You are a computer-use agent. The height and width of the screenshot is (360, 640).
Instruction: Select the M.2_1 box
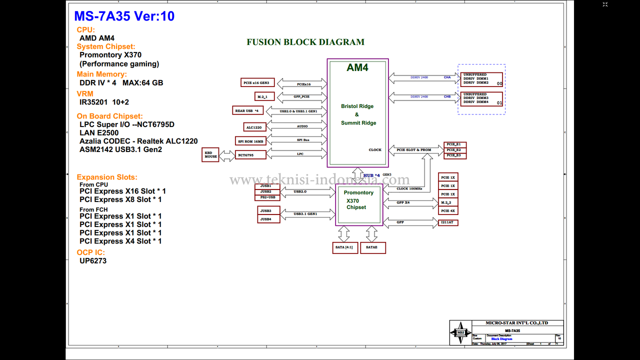coord(262,96)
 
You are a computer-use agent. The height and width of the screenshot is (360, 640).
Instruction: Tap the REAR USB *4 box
coord(247,110)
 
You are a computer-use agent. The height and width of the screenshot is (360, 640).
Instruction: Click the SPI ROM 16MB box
coord(250,141)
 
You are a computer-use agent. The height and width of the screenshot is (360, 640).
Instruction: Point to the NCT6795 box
coord(245,155)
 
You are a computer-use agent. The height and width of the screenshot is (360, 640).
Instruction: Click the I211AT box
coord(448,222)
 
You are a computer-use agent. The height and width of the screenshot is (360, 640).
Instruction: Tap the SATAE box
coord(372,247)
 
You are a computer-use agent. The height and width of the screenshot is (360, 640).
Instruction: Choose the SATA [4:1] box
coord(345,247)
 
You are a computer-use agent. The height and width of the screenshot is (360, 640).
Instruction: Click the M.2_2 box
coord(448,202)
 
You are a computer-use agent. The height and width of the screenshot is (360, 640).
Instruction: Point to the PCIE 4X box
coord(448,210)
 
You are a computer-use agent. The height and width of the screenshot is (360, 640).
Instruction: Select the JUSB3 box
coord(268,210)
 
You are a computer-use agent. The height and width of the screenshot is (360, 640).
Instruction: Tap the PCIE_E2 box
coord(455,150)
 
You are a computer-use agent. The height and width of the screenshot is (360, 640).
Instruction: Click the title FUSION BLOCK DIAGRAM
coord(305,42)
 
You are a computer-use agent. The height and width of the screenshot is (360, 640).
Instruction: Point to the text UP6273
coord(93,260)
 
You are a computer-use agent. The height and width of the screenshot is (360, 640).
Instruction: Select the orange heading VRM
coord(85,93)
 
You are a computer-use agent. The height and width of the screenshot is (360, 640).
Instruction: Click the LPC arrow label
coord(300,154)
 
